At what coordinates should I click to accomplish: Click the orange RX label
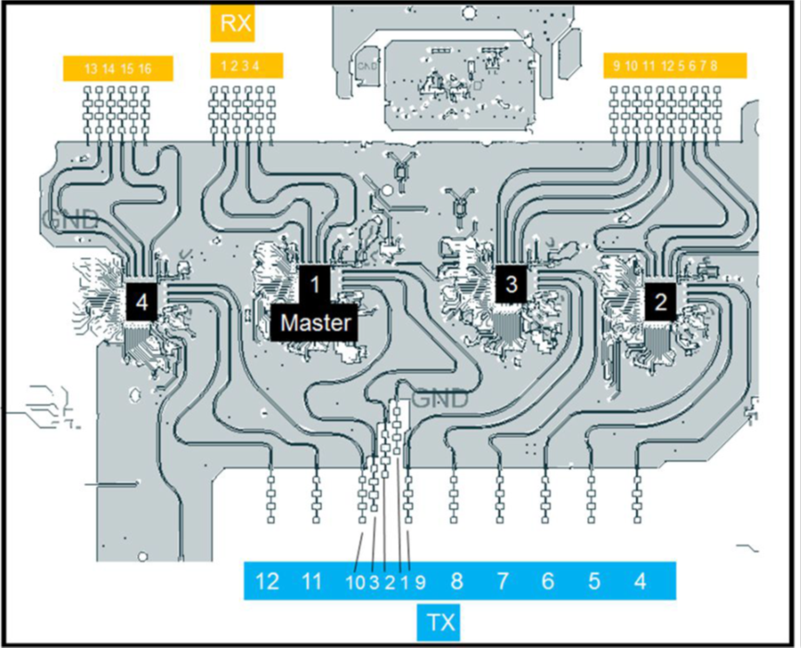pyautogui.click(x=236, y=23)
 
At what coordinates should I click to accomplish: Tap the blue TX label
pyautogui.click(x=444, y=621)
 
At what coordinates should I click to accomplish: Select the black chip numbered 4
pyautogui.click(x=141, y=301)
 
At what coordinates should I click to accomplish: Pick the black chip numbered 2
pyautogui.click(x=660, y=301)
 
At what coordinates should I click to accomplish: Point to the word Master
pyautogui.click(x=316, y=323)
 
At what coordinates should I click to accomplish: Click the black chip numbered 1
pyautogui.click(x=315, y=282)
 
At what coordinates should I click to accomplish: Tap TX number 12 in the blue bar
pyautogui.click(x=267, y=581)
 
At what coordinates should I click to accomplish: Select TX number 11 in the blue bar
pyautogui.click(x=313, y=581)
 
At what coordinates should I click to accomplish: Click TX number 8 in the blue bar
pyautogui.click(x=456, y=581)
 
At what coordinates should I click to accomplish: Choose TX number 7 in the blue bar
pyautogui.click(x=502, y=581)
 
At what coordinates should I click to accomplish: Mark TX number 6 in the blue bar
pyautogui.click(x=547, y=581)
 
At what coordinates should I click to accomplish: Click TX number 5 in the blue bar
pyautogui.click(x=594, y=581)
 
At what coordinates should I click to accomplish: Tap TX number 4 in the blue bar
pyautogui.click(x=640, y=581)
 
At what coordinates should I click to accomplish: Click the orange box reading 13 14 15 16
pyautogui.click(x=118, y=69)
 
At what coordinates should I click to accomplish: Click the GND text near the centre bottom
pyautogui.click(x=440, y=400)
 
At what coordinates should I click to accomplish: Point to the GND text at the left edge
pyautogui.click(x=70, y=220)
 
